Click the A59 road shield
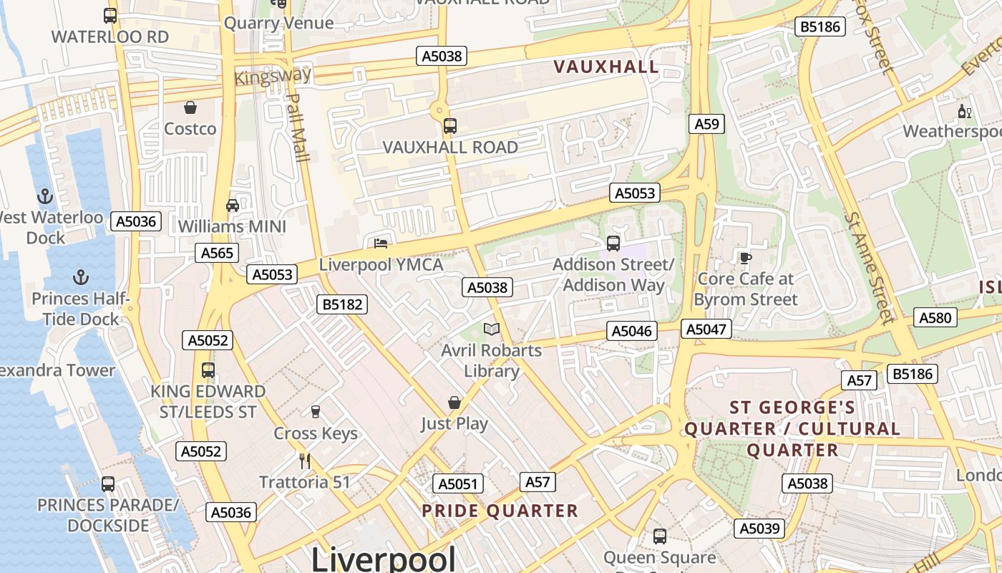coord(706,124)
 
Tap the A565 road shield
coord(217,252)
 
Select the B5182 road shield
coord(342,304)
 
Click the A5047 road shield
coord(706,329)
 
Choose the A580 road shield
coord(935,317)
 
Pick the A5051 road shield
coord(458,483)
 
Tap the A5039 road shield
coord(759,529)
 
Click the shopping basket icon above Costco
coord(190,107)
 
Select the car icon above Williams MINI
coord(233,206)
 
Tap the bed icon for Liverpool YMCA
coord(381,244)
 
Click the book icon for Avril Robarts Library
coord(491,329)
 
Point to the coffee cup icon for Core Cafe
coord(745,257)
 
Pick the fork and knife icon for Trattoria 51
coord(305,461)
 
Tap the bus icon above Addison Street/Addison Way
coord(613,243)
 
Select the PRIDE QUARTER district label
coord(500,511)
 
